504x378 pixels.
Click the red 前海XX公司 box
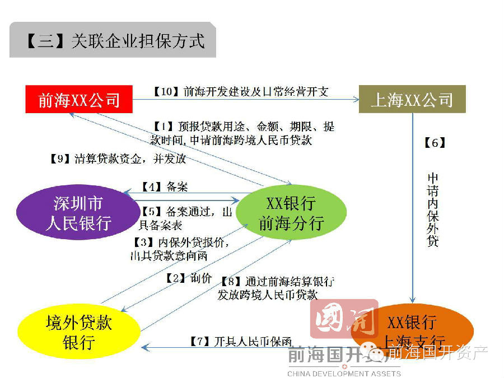79,100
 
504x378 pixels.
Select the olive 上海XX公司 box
412,100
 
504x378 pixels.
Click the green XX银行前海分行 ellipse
291,213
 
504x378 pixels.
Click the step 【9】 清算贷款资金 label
118,158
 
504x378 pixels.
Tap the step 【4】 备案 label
163,186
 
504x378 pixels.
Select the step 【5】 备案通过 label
185,218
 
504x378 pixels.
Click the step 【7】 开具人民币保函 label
241,341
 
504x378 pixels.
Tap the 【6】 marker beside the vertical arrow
434,143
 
